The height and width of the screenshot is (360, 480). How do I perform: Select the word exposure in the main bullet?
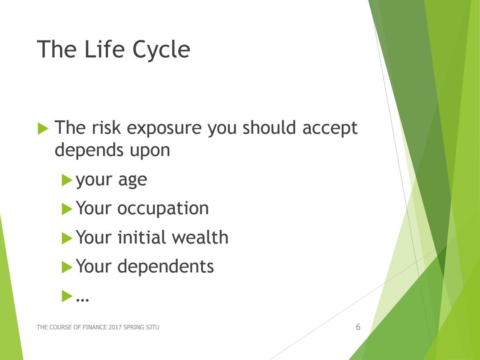[164, 128]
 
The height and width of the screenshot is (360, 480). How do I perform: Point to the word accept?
[330, 128]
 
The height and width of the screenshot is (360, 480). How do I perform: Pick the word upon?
[150, 151]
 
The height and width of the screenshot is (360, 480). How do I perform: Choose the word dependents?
[165, 266]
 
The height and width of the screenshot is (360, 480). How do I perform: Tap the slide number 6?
[358, 327]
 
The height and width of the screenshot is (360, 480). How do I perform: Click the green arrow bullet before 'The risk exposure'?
[43, 128]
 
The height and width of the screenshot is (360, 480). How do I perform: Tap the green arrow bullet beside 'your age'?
[67, 180]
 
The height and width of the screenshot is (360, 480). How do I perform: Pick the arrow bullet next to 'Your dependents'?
[67, 267]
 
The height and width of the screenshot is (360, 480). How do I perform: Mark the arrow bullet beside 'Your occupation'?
[67, 209]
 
